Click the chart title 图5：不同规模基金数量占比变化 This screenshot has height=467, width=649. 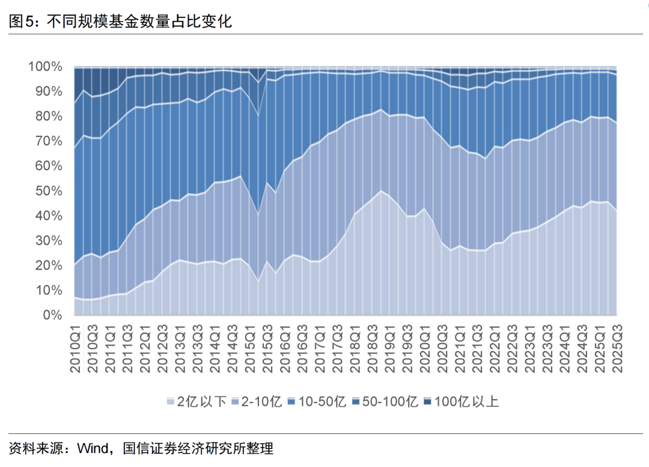120,22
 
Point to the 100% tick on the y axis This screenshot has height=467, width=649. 45,66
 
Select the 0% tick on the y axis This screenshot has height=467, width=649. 52,315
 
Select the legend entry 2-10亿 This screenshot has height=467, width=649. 258,401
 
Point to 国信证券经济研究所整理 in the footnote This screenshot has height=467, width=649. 198,448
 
